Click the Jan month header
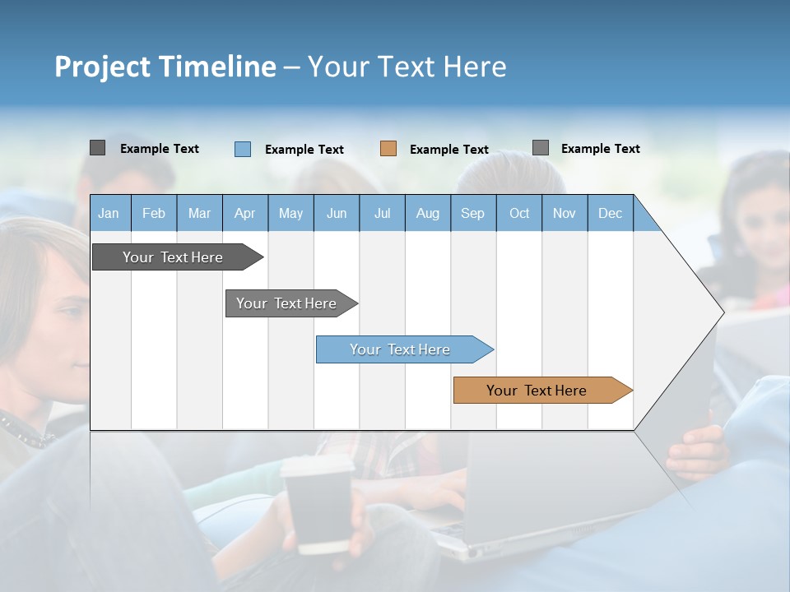109,214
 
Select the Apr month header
244,214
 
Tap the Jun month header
337,214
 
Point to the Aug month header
427,214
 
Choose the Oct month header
519,214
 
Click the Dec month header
610,214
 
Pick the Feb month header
154,214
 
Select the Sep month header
472,214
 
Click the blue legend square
243,149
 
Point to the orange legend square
388,149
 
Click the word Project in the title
102,67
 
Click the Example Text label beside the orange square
449,150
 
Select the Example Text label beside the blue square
304,150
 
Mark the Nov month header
565,214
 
